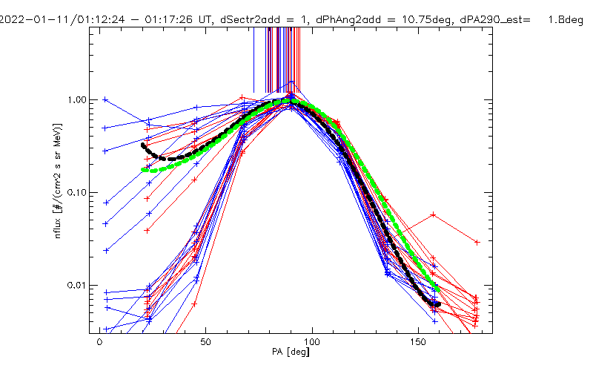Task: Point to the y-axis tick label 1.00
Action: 77,99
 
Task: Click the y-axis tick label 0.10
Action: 77,192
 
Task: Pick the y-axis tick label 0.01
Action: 77,285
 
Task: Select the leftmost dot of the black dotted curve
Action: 143,145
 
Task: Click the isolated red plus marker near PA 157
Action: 433,215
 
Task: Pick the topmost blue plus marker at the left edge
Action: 105,99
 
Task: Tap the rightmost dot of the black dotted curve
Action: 439,303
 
